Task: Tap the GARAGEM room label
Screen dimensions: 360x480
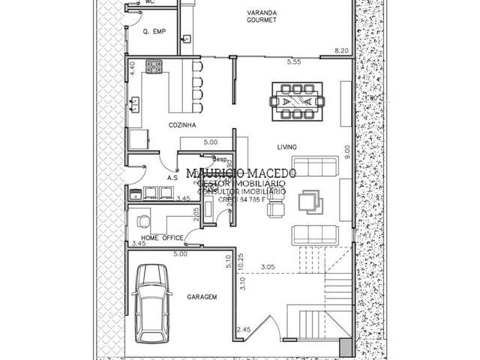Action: [202, 297]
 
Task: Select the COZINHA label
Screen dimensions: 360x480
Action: [182, 125]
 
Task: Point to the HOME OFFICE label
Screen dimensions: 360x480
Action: [161, 238]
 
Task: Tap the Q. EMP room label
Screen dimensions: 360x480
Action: [153, 31]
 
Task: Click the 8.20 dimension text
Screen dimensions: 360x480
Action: [341, 51]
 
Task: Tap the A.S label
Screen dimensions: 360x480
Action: [172, 178]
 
